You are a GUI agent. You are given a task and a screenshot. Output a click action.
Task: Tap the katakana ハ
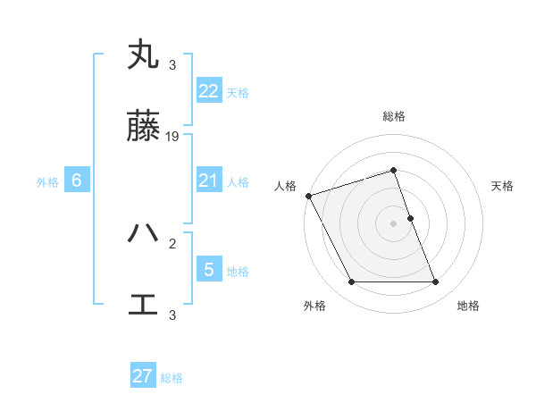143,233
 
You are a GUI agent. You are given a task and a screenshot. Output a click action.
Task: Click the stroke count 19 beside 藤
173,137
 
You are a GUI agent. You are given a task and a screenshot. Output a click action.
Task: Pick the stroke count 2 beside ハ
172,241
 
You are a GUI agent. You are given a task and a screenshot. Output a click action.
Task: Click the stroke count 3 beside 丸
172,64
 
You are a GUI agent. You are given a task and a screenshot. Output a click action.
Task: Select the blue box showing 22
209,91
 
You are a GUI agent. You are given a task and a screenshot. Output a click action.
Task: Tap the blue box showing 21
209,181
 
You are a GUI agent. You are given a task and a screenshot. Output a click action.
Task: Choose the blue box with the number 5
209,269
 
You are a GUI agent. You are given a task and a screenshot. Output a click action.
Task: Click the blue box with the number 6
77,181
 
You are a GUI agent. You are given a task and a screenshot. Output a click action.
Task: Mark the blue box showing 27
143,376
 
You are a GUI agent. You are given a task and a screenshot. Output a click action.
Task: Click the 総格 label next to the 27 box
172,378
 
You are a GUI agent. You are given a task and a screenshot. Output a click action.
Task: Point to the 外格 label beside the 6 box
47,182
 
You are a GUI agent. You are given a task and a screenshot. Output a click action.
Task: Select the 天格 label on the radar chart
503,186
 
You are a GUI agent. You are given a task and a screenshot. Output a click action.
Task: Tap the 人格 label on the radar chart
285,186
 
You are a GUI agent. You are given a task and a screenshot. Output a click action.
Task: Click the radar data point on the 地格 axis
435,282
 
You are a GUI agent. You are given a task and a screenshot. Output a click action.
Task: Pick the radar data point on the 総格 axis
394,170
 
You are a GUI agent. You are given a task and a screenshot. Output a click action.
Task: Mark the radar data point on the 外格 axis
352,282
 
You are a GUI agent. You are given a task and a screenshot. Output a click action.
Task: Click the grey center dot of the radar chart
394,223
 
